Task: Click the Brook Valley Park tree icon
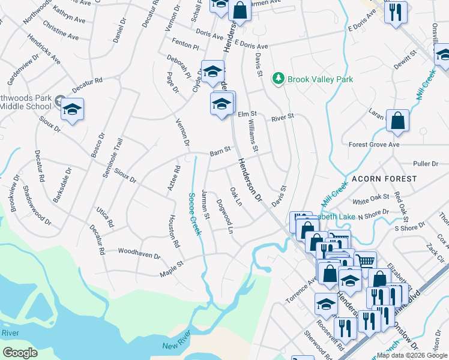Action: pos(278,79)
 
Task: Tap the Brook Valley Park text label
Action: pos(320,79)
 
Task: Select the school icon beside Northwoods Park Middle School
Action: pos(72,110)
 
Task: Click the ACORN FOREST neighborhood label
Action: pos(384,179)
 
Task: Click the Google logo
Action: pos(20,353)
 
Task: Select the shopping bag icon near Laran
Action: pos(397,121)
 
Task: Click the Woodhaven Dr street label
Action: pos(139,254)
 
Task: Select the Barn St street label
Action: pos(220,151)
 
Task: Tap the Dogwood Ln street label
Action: pos(224,212)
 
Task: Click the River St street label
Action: pos(282,118)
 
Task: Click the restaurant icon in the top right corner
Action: pos(396,11)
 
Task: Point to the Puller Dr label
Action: pos(426,163)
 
